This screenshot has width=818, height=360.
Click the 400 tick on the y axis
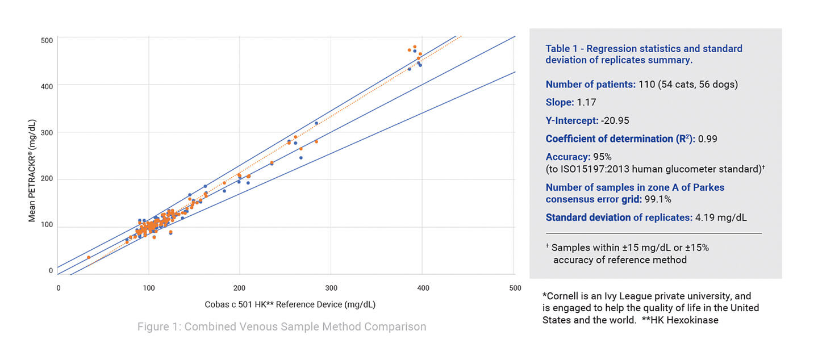pyautogui.click(x=47, y=86)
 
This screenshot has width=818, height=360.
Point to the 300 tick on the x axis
pyautogui.click(x=331, y=288)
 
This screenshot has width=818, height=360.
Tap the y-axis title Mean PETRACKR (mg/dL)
pyautogui.click(x=32, y=170)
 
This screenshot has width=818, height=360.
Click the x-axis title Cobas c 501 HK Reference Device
pyautogui.click(x=290, y=305)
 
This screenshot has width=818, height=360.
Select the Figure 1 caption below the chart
pyautogui.click(x=282, y=326)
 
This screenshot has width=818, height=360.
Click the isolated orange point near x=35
pyautogui.click(x=89, y=257)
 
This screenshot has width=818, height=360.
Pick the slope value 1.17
pyautogui.click(x=586, y=103)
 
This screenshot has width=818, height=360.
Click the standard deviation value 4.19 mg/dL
pyautogui.click(x=721, y=217)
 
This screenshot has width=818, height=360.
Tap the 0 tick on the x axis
pyautogui.click(x=59, y=288)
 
